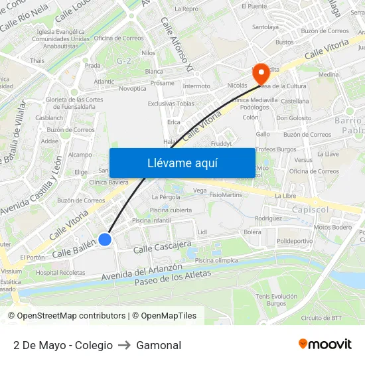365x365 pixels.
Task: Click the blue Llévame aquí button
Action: tap(182, 163)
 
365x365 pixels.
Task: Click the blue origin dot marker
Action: tap(105, 240)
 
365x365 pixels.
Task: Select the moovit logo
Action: tap(325, 344)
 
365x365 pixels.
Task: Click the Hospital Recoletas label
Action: tap(60, 272)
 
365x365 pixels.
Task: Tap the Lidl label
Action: tap(202, 232)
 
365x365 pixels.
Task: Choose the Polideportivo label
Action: tap(295, 241)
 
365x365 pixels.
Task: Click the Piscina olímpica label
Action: tap(216, 260)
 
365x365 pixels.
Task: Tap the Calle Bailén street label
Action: tap(74, 250)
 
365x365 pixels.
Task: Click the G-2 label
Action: tap(123, 60)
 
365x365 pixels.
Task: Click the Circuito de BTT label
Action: tap(322, 317)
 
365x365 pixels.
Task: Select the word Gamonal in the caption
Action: tap(159, 345)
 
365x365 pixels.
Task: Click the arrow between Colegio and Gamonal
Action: tap(125, 345)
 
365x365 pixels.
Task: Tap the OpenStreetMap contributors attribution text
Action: tap(69, 316)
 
